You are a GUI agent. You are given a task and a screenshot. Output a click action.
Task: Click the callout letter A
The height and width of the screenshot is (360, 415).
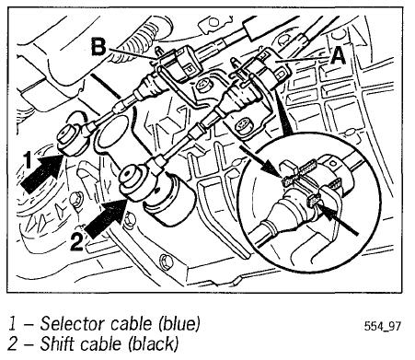tap(339, 56)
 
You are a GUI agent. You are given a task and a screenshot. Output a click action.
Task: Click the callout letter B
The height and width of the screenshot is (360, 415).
tap(98, 47)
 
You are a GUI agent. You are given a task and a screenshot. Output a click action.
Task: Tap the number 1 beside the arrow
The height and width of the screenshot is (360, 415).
tap(29, 160)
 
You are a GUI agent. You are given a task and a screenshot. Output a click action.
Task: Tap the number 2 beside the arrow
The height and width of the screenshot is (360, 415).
tap(76, 242)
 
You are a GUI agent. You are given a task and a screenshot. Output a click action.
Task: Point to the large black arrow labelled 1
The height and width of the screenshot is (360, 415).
tap(41, 172)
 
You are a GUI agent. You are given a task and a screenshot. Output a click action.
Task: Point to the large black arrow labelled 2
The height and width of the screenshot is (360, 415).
tap(105, 218)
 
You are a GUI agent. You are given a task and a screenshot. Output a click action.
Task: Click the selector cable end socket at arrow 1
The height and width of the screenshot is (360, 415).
tap(72, 140)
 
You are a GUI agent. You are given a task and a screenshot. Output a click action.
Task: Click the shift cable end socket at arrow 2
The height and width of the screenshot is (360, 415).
tap(134, 183)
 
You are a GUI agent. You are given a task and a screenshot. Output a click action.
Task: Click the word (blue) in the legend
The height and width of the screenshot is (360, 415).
tap(179, 325)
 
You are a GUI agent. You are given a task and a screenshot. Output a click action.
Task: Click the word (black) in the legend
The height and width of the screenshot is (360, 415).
tap(153, 344)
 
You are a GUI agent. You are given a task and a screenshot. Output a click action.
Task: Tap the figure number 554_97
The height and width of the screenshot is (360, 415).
tap(382, 326)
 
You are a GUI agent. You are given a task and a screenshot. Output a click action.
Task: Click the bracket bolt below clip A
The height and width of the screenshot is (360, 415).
tap(244, 127)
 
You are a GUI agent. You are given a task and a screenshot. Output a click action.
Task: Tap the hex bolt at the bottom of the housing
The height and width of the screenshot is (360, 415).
tap(167, 262)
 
